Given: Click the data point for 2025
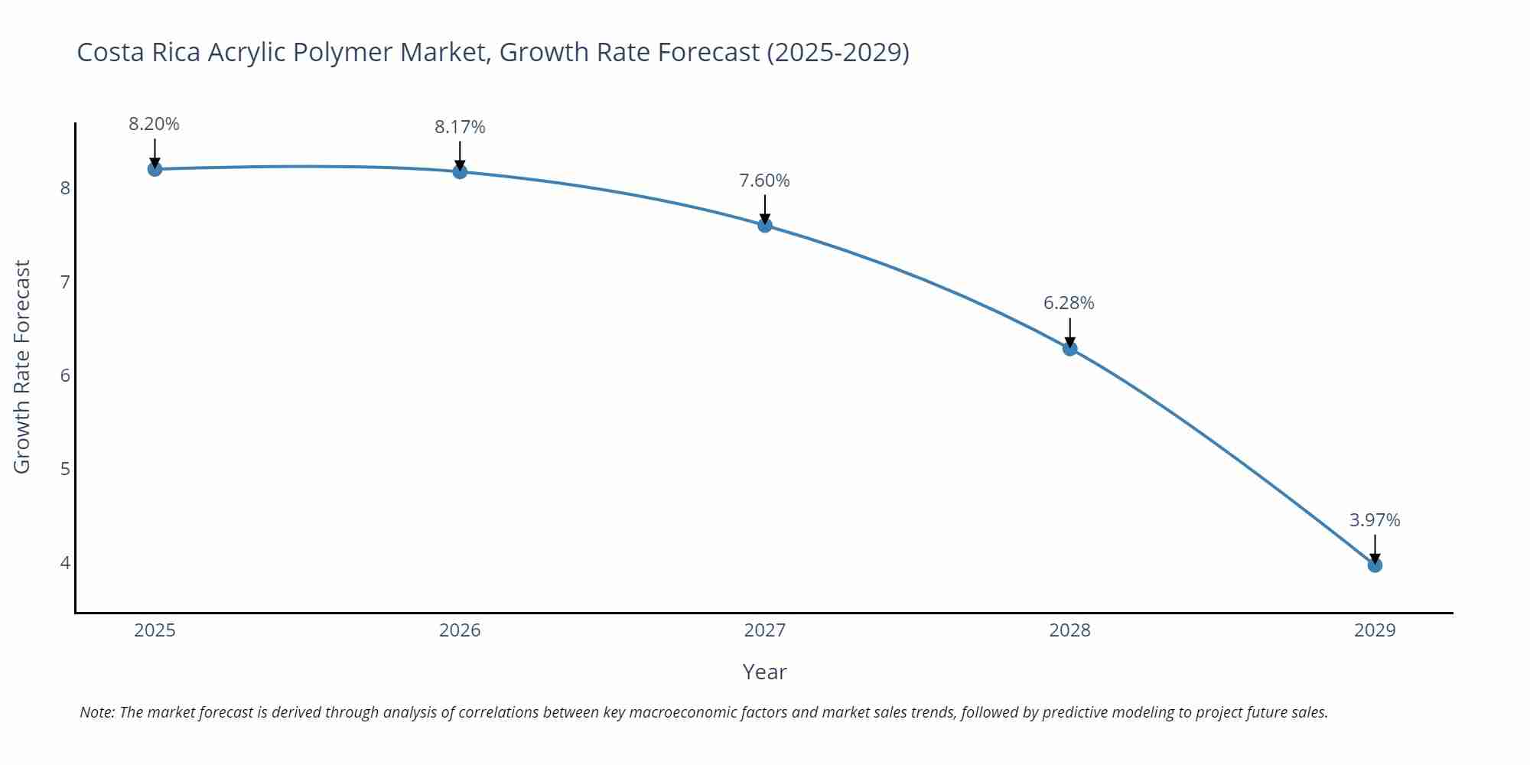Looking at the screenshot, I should coord(155,169).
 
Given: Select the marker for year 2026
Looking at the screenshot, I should coord(460,171).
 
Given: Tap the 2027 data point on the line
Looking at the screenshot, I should coord(765,225).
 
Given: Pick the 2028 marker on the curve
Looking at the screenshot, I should coord(1070,349).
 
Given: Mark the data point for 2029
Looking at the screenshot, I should coord(1375,565).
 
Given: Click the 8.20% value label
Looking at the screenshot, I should coord(154,124).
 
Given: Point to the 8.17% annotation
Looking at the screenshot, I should coord(460,127).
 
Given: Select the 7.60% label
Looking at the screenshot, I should coord(764,181).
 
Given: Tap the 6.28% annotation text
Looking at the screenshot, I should coord(1069,303).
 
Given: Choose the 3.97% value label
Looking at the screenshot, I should coord(1375,520).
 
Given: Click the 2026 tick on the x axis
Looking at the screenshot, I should coord(460,630).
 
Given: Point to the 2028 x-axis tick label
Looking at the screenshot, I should coord(1069,630).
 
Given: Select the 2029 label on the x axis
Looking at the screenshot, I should coord(1375,630).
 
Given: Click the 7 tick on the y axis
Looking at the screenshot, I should coord(65,282).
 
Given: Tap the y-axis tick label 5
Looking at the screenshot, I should coord(65,469).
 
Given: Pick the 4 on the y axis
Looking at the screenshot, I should coord(65,563).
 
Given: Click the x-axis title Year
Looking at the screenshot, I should coord(764,672).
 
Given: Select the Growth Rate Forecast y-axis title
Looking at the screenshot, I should coord(22,366).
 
